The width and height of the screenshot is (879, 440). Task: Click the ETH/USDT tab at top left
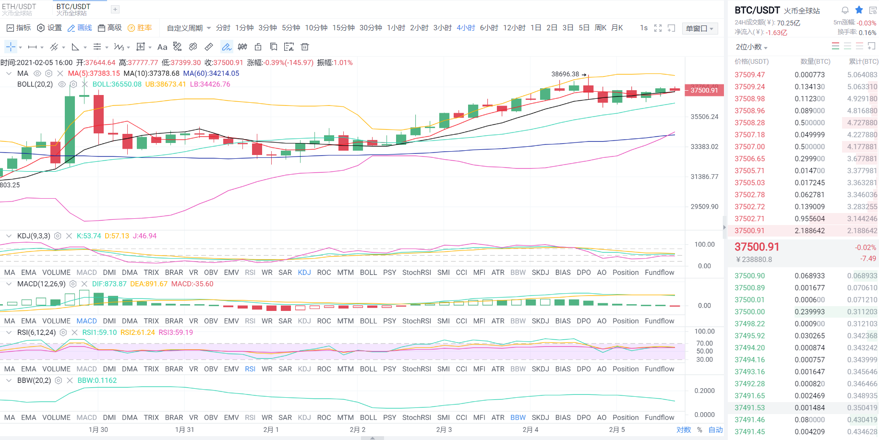(x=19, y=9)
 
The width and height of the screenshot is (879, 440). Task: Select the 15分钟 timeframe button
(x=343, y=28)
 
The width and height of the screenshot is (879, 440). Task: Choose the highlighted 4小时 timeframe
(x=465, y=28)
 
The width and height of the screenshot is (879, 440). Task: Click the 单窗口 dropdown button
(x=699, y=28)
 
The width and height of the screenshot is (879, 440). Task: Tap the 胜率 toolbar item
(x=140, y=28)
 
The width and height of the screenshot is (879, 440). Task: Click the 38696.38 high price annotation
(x=565, y=74)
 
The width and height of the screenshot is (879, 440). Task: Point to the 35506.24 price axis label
(x=704, y=117)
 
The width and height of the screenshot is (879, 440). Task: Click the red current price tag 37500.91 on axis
(x=704, y=90)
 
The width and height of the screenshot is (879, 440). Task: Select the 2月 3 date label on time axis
(x=444, y=429)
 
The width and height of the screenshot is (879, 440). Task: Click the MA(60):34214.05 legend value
(x=211, y=73)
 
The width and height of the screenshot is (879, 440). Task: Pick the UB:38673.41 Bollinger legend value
(x=165, y=84)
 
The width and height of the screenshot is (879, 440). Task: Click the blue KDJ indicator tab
(x=304, y=272)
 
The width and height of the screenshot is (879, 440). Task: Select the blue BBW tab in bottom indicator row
(x=518, y=417)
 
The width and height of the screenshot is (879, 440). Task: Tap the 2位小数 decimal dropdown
(x=751, y=47)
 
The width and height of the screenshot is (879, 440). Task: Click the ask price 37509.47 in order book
(x=749, y=75)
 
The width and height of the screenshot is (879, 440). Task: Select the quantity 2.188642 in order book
(x=809, y=231)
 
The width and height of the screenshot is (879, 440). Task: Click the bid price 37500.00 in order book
(x=749, y=312)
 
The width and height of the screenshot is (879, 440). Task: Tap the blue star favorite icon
(x=859, y=10)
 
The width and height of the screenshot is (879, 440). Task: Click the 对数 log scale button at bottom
(x=683, y=429)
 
